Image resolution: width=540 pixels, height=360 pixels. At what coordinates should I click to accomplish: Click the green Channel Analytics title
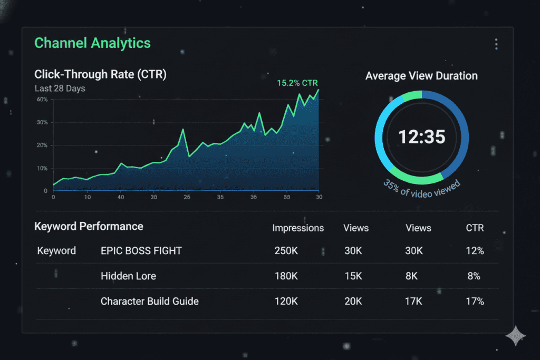92,43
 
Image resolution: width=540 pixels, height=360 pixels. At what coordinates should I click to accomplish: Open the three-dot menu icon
496,44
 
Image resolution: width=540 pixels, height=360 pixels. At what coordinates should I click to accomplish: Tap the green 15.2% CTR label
297,83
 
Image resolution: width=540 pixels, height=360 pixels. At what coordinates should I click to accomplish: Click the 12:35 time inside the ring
421,137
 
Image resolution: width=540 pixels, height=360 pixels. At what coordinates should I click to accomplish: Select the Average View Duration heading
421,76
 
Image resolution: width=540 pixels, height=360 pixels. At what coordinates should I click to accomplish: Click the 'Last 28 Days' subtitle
60,89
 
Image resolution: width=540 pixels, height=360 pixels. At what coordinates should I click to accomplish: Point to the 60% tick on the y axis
42,100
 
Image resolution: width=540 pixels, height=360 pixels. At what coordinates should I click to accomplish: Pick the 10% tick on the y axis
42,169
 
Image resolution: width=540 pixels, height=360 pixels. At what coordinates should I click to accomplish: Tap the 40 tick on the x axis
121,197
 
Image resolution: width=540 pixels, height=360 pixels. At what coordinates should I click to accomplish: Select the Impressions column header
298,228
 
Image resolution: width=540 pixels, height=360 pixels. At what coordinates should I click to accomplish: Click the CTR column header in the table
475,228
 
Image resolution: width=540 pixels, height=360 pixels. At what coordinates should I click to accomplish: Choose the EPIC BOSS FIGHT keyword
141,251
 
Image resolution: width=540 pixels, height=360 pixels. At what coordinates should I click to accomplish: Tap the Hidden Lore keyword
128,276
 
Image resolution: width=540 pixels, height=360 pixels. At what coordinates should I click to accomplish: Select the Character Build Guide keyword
150,301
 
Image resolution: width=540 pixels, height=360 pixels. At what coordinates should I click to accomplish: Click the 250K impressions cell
286,251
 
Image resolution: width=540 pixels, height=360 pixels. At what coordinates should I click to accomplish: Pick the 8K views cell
414,276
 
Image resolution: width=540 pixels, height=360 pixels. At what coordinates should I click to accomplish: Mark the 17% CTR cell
475,301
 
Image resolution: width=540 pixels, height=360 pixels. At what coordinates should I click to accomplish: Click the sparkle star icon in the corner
515,336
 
